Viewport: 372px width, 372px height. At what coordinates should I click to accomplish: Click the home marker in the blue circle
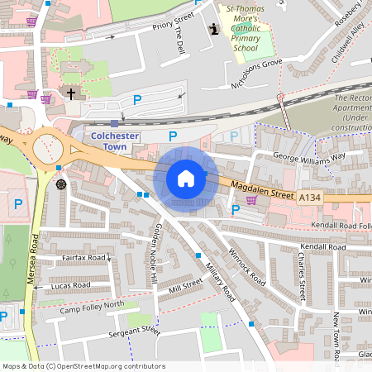pos(186,178)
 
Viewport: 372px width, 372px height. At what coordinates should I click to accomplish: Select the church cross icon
pos(70,94)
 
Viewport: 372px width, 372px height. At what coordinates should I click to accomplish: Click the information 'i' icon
pos(215,30)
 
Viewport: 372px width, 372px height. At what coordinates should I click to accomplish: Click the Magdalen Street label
pos(262,190)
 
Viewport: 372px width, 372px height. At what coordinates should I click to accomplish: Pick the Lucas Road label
pos(70,285)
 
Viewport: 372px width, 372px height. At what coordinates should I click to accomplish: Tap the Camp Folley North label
pos(92,307)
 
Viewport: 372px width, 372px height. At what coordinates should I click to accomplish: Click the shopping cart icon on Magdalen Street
pos(251,200)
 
